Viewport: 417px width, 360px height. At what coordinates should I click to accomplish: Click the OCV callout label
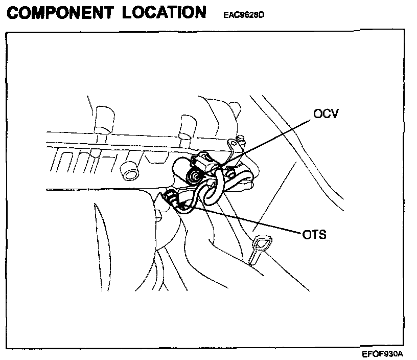point(325,113)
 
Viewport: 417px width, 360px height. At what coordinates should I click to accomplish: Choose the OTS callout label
point(314,235)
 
